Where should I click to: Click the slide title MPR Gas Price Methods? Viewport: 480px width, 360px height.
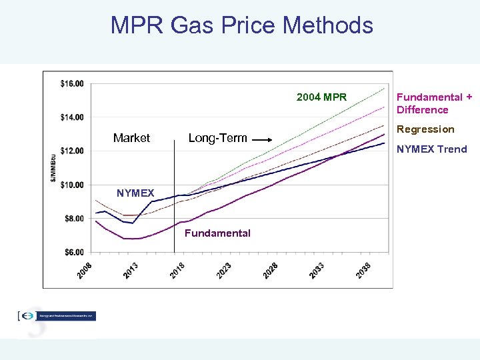(x=241, y=25)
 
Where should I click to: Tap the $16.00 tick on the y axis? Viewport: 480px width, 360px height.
(x=72, y=83)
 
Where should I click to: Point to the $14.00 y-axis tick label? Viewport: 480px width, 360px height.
(x=72, y=117)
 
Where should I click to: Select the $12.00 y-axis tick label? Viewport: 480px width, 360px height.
(x=72, y=151)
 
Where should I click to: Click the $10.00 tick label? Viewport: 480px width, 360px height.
(x=72, y=185)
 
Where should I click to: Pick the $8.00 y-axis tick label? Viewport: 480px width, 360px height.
(x=73, y=219)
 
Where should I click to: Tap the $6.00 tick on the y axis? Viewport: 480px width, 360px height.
(x=73, y=252)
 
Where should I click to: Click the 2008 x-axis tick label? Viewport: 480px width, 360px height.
(x=85, y=270)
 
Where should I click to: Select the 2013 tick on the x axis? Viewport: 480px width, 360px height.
(x=131, y=270)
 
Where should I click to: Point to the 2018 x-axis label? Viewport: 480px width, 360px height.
(x=177, y=270)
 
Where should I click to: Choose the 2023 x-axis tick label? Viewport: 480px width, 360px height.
(x=224, y=270)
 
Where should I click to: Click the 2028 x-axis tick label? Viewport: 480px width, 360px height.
(x=271, y=270)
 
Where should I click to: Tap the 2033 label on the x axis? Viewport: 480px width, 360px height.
(x=317, y=270)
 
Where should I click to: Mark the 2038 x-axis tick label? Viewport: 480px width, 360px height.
(x=363, y=270)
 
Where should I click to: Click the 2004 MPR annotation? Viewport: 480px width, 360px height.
(x=321, y=97)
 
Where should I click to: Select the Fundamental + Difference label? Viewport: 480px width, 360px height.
(x=434, y=103)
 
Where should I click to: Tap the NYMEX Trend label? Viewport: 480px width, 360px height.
(x=431, y=149)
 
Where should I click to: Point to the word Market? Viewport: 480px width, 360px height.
(x=131, y=138)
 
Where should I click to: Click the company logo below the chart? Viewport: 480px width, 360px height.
(x=57, y=316)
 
